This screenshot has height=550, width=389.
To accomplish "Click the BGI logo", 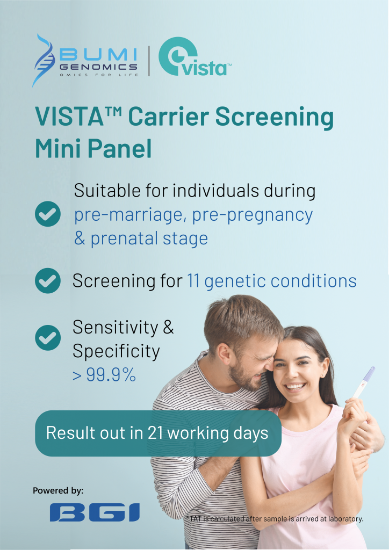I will click(95, 512).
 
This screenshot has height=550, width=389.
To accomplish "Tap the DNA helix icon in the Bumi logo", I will click(44, 60).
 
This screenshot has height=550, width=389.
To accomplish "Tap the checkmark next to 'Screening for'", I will click(47, 281).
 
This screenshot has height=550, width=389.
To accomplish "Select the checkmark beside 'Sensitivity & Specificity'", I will click(47, 337).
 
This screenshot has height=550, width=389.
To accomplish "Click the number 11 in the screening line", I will click(193, 281).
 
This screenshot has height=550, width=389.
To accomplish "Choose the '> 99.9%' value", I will click(104, 376).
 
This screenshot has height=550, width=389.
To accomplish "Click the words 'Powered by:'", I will click(58, 490).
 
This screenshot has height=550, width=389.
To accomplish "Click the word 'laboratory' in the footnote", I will click(344, 519).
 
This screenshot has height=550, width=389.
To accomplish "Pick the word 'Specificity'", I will click(116, 352).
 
